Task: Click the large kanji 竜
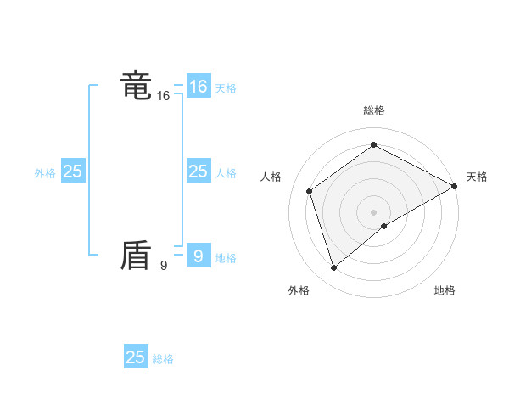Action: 136,86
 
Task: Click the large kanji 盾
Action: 136,256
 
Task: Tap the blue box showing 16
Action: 198,87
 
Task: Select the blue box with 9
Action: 198,256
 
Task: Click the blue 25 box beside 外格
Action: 72,171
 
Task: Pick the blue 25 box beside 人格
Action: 198,171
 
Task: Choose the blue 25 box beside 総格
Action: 136,357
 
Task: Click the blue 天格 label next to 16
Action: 226,88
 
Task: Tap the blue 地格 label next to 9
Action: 226,258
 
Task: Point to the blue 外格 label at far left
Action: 45,173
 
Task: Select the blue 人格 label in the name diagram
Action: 226,173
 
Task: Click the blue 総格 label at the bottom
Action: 163,359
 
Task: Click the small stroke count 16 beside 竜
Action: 163,96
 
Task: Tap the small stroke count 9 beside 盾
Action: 163,266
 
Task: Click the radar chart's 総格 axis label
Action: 373,110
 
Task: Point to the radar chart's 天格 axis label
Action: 477,177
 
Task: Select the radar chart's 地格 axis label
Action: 445,290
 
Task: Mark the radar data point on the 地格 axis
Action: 384,226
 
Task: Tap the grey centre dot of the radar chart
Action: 373,211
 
